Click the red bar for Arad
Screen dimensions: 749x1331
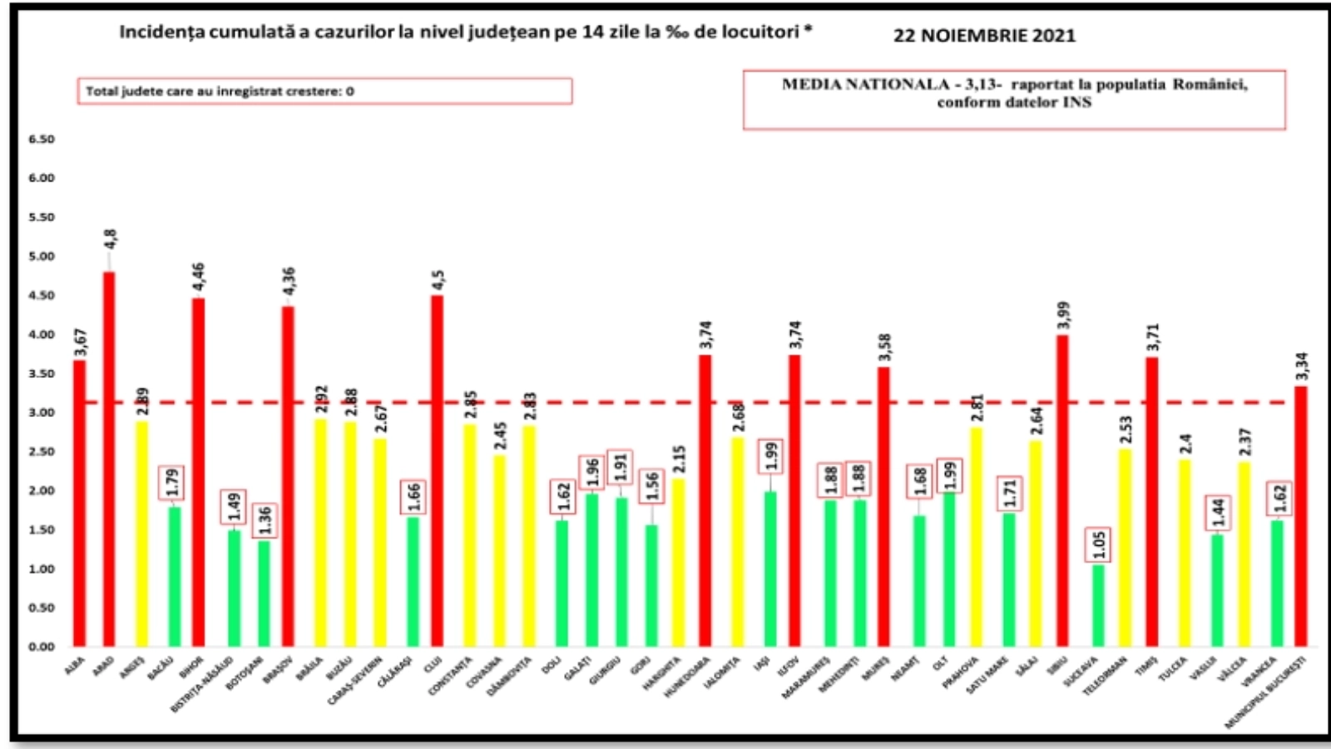click(x=109, y=458)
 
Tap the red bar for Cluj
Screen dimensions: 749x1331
click(x=437, y=470)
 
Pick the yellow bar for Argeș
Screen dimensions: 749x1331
click(x=142, y=533)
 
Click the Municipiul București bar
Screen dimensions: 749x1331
click(x=1301, y=516)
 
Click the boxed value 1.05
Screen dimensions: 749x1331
click(x=1098, y=544)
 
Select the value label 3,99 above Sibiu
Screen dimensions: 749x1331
click(x=1063, y=315)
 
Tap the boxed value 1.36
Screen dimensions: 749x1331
click(x=265, y=520)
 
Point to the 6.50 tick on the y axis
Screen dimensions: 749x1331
click(x=42, y=139)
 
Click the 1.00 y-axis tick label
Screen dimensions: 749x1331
click(x=42, y=568)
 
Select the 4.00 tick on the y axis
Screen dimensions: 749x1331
click(x=42, y=335)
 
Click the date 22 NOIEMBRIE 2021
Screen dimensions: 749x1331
click(x=984, y=36)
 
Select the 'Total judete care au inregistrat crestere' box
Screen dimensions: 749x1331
click(x=324, y=91)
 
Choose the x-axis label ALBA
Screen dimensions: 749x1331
click(x=75, y=666)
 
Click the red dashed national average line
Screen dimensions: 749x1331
click(x=582, y=403)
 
